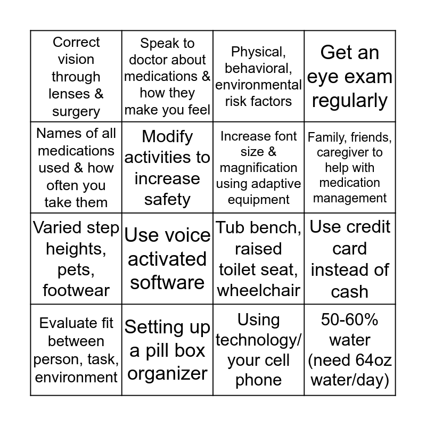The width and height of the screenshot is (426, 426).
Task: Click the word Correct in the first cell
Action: coord(76,42)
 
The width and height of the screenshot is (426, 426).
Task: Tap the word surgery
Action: coord(76,112)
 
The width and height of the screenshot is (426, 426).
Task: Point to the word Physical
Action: coord(259,52)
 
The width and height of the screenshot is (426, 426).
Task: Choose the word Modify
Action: coord(167,136)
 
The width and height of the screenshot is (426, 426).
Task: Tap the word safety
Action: coord(167,199)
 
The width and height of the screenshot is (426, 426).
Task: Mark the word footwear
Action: coord(76,290)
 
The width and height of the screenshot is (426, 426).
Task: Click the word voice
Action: coord(186,235)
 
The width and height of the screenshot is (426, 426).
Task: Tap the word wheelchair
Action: coord(259,290)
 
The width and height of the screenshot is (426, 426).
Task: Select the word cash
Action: coord(349,291)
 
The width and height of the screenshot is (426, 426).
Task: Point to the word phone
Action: coord(259,380)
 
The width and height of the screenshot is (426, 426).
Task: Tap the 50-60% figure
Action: coord(349,319)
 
